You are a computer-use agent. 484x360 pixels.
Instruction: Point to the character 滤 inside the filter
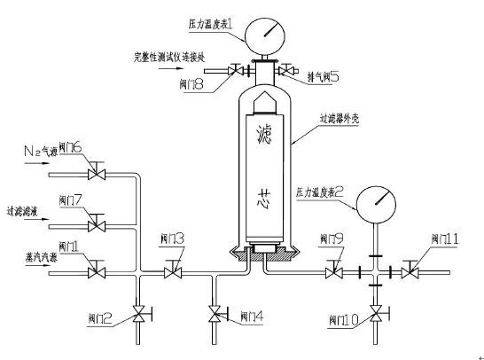point(264,135)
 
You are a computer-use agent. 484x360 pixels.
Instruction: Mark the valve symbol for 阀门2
point(137,313)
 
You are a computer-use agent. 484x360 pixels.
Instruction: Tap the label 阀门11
point(444,239)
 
